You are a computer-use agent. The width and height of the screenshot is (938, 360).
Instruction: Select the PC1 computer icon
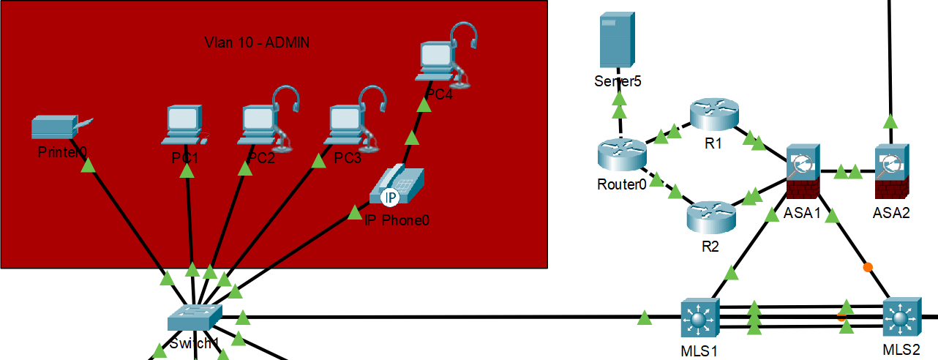click(x=183, y=123)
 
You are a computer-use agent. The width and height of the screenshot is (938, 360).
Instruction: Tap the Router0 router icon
click(x=621, y=154)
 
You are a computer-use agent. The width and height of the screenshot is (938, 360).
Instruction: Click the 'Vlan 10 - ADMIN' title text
click(x=257, y=42)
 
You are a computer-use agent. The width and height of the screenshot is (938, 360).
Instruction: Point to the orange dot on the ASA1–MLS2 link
click(x=868, y=266)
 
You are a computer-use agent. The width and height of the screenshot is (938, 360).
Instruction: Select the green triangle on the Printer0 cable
click(x=88, y=166)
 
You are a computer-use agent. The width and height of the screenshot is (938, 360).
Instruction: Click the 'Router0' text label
click(x=621, y=184)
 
